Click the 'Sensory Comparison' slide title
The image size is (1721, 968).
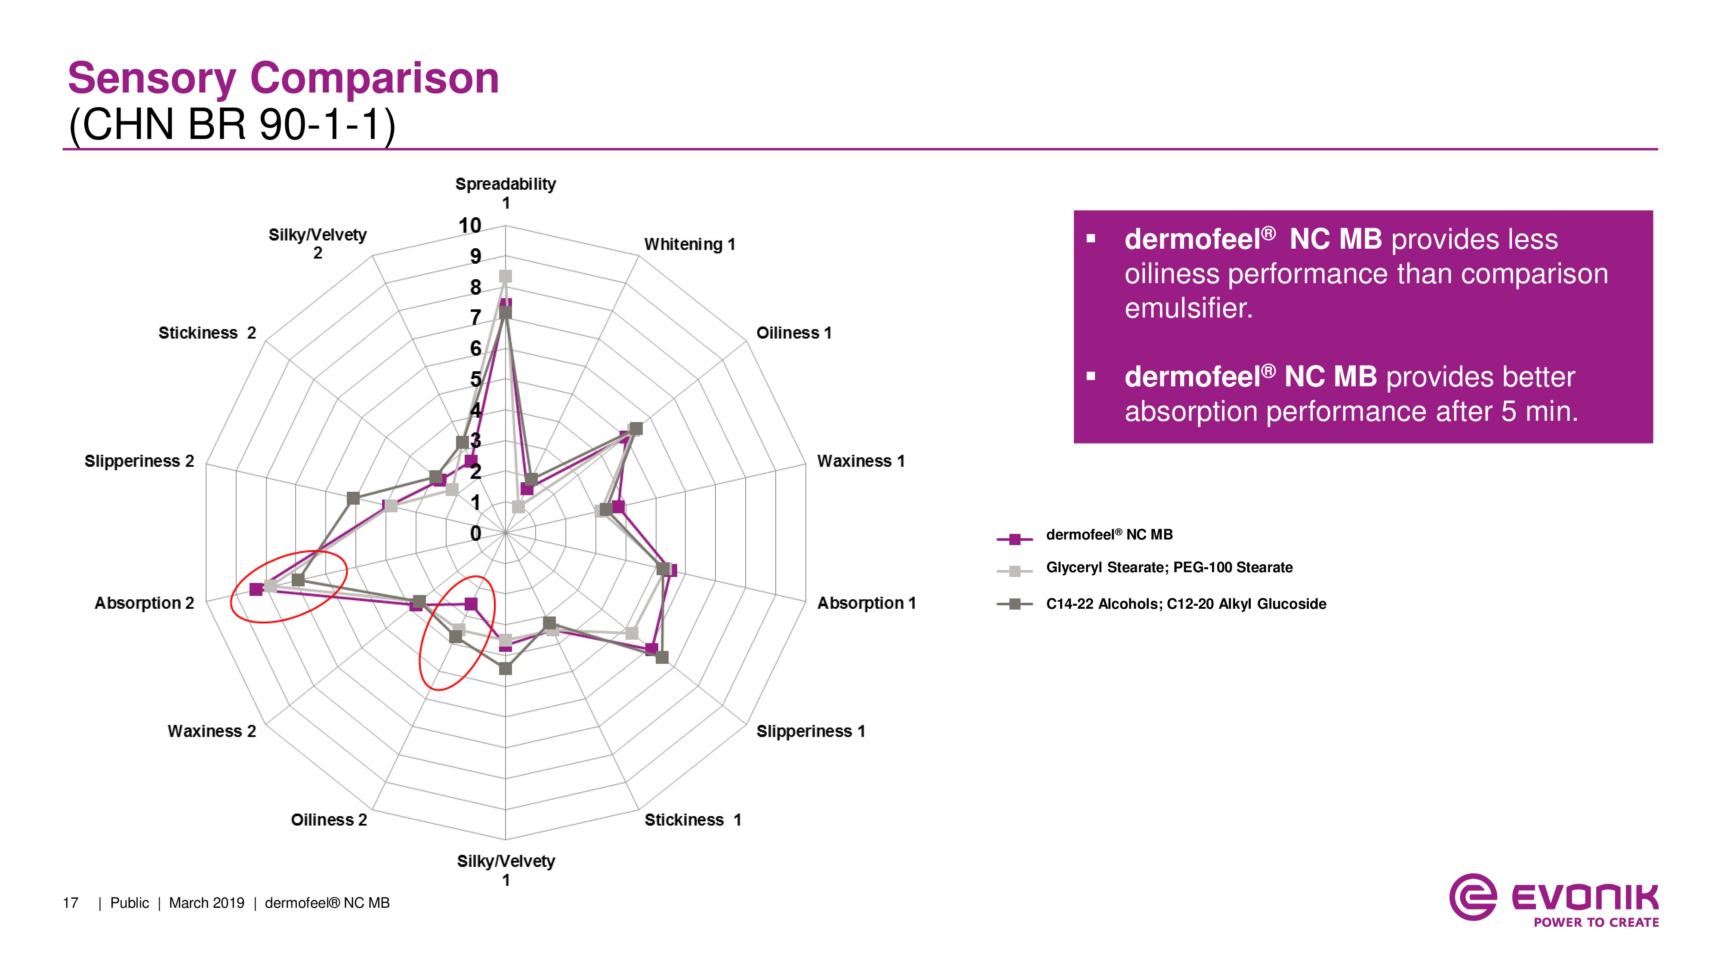[283, 78]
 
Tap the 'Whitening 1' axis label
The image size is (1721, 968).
[689, 244]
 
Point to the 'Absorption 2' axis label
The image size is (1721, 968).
[144, 603]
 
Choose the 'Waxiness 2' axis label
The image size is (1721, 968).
[212, 731]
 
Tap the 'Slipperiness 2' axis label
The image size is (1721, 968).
[139, 462]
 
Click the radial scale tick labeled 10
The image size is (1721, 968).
[470, 226]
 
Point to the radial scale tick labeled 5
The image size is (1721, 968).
[475, 379]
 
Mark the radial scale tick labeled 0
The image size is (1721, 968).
[475, 533]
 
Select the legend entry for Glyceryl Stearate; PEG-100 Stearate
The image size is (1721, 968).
[1169, 568]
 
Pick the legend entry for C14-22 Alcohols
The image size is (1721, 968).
[1186, 604]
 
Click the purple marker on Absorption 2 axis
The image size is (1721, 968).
[256, 589]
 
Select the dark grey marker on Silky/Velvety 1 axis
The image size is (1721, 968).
[506, 668]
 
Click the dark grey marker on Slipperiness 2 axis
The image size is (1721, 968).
[353, 498]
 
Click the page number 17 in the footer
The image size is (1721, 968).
[70, 903]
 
